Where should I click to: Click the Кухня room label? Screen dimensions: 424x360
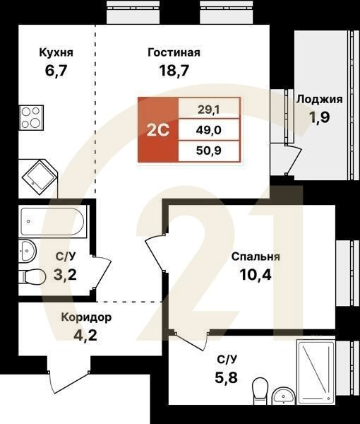(56, 52)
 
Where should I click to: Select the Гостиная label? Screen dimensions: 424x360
(174, 52)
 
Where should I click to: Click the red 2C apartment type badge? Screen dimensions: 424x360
(157, 130)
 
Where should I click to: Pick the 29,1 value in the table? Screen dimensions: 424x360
(208, 110)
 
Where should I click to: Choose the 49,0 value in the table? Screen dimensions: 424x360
(208, 130)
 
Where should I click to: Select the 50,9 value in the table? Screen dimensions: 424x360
(208, 150)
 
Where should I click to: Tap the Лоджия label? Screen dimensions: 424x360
(320, 100)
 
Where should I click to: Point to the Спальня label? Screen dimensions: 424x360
(256, 257)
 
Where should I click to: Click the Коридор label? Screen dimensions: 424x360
(86, 317)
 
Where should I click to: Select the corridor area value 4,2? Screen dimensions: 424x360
(86, 334)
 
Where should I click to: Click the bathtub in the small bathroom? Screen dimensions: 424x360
(52, 223)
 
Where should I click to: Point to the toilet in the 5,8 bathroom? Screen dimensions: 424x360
(260, 388)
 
